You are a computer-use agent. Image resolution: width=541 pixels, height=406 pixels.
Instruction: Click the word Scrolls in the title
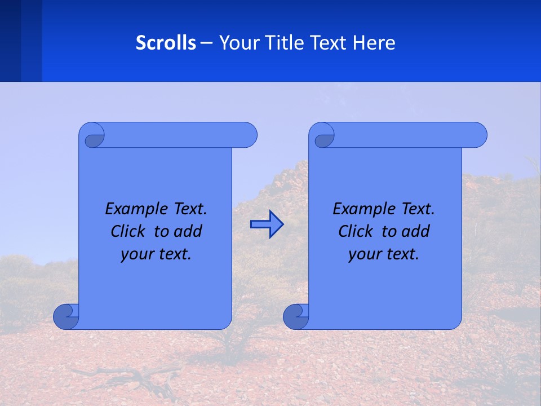point(166,43)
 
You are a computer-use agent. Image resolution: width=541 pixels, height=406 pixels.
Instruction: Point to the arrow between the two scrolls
point(267,224)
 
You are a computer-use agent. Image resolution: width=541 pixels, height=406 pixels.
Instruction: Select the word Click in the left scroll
point(128,232)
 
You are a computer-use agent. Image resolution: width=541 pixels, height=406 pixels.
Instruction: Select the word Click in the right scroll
point(356,232)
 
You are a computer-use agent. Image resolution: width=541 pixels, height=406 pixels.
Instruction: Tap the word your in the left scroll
point(137,255)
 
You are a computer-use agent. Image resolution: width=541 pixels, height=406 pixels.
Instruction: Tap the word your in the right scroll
point(365,255)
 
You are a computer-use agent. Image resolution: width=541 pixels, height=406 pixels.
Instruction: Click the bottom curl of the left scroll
point(65,317)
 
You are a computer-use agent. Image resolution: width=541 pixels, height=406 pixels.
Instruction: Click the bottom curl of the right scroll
point(295,317)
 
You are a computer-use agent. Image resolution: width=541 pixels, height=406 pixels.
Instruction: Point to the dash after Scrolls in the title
point(206,43)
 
